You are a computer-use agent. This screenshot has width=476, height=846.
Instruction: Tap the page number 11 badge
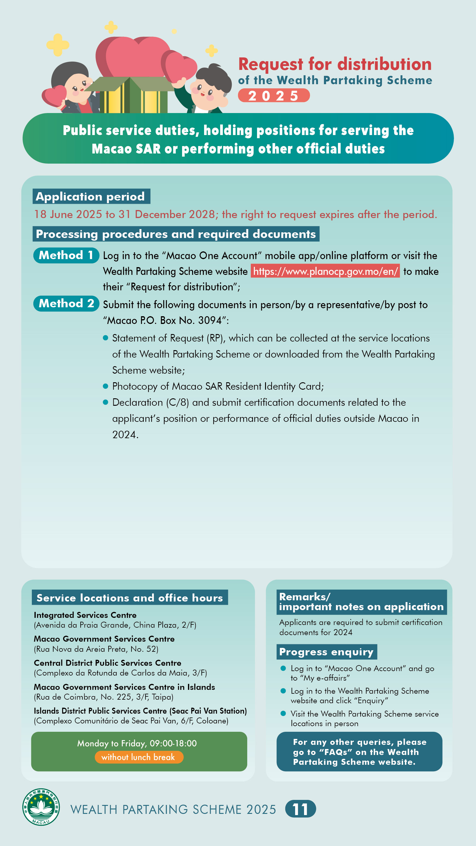[300, 809]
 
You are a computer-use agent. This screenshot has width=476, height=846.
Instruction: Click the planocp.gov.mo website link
[325, 271]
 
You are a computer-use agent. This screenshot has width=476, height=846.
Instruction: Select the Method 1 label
[66, 255]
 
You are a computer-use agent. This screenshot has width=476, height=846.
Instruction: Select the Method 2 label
[66, 303]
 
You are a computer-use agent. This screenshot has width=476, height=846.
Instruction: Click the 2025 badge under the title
[273, 95]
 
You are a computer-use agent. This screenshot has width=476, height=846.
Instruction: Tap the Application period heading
[91, 196]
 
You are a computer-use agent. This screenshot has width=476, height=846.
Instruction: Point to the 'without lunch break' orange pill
[139, 757]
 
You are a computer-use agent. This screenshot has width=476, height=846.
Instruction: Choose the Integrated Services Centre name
[85, 615]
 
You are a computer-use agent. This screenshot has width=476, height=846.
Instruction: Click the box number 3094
[209, 320]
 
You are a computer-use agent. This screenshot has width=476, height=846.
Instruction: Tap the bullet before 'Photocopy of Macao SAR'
[105, 386]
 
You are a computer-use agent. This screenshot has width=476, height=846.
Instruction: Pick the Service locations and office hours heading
[130, 598]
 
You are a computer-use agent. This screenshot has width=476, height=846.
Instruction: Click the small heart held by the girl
[54, 95]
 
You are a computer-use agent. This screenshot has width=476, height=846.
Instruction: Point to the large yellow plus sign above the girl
[57, 44]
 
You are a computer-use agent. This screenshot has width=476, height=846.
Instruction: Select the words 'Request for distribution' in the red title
[335, 64]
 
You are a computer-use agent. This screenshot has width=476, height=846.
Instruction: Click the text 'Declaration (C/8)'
[151, 402]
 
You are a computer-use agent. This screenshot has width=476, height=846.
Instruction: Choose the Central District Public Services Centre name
[107, 663]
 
